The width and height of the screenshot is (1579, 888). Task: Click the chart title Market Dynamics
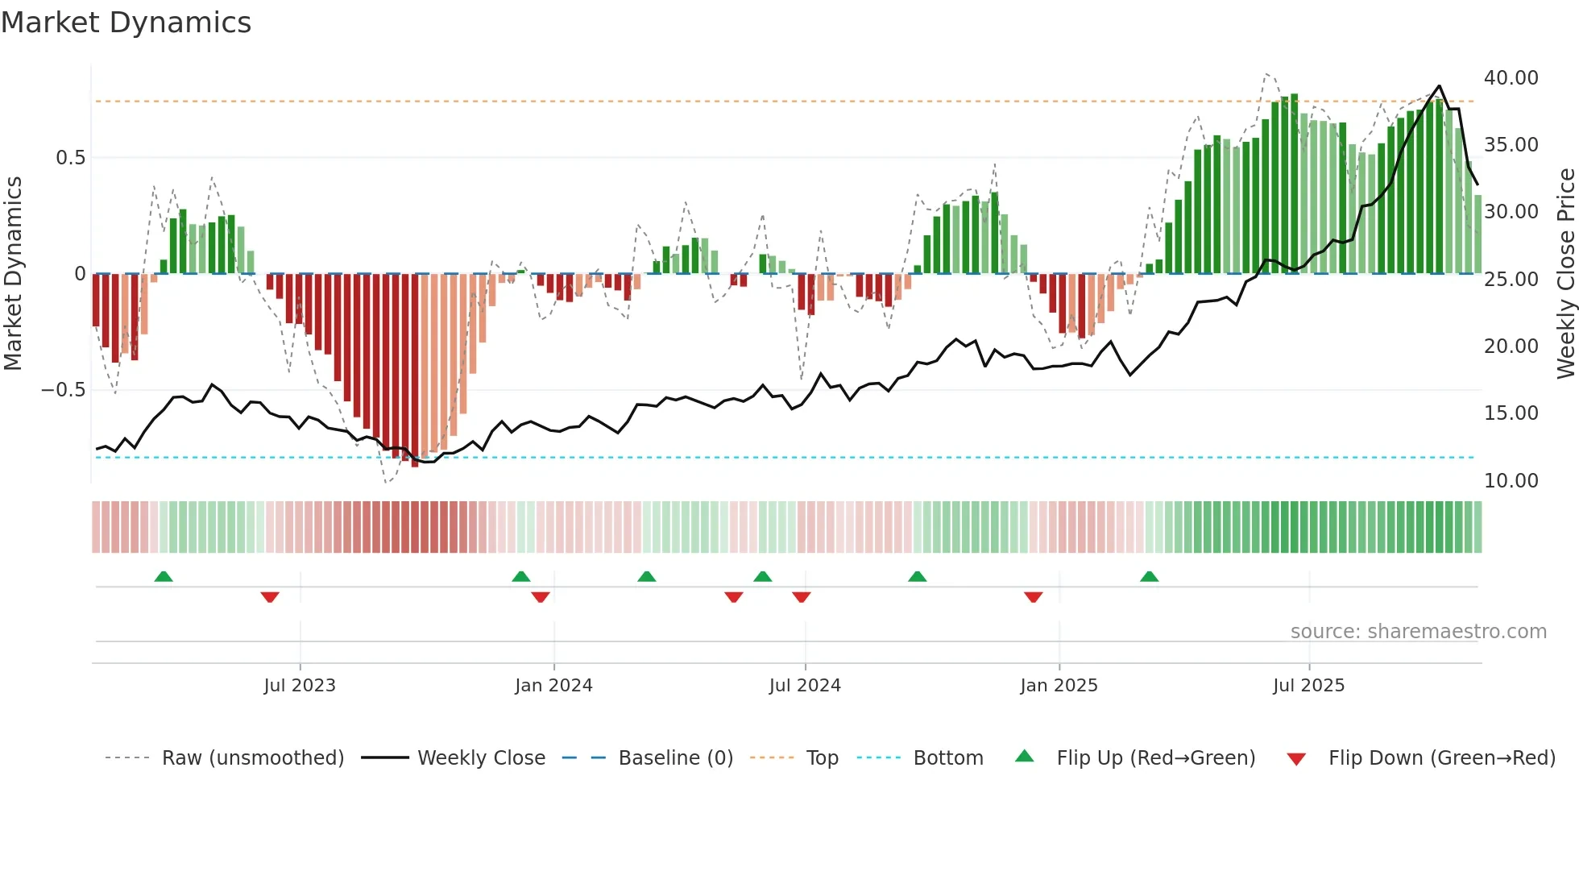(x=126, y=23)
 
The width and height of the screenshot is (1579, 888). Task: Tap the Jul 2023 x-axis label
(x=300, y=686)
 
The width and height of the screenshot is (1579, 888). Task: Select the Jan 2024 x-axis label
(x=553, y=686)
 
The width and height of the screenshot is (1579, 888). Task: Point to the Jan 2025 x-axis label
(x=1059, y=686)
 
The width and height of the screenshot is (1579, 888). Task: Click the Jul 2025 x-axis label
(x=1308, y=686)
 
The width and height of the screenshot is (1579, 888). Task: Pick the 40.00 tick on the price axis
(x=1511, y=78)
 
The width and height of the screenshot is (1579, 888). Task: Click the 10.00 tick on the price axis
(x=1511, y=481)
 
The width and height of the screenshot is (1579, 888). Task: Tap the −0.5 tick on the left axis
(x=63, y=390)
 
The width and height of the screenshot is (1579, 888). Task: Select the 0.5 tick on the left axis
(x=70, y=158)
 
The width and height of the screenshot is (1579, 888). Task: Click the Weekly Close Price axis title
(x=1565, y=274)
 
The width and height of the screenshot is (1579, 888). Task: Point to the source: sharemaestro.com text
(x=1418, y=632)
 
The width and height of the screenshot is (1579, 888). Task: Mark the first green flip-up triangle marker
(x=164, y=577)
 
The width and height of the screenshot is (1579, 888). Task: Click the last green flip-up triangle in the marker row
(x=1150, y=577)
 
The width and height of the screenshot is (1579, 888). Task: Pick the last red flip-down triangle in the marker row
(x=1034, y=597)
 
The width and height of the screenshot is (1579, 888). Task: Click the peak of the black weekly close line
(x=1440, y=86)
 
